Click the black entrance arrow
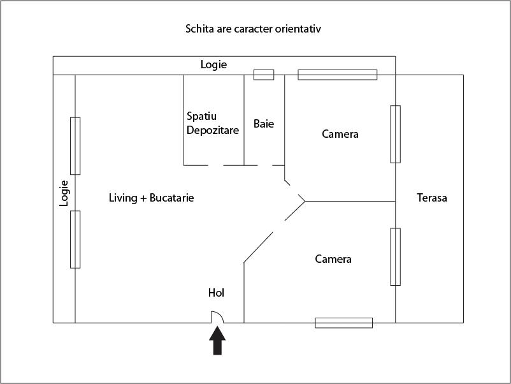pos(218,341)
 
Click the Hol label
pos(217,293)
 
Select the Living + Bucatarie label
pos(152,198)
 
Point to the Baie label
pos(264,124)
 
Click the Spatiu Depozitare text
pos(213,123)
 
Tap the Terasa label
pos(432,198)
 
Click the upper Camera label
pos(340,134)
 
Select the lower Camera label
pos(333,260)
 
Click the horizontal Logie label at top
pos(213,64)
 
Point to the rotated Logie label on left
pos(64,193)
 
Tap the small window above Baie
pos(264,75)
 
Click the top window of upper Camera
pos(338,75)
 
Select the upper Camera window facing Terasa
pos(396,134)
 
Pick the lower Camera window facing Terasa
pos(396,256)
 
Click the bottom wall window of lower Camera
pos(344,323)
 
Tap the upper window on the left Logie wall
pos(75,145)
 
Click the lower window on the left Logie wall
pos(75,239)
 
